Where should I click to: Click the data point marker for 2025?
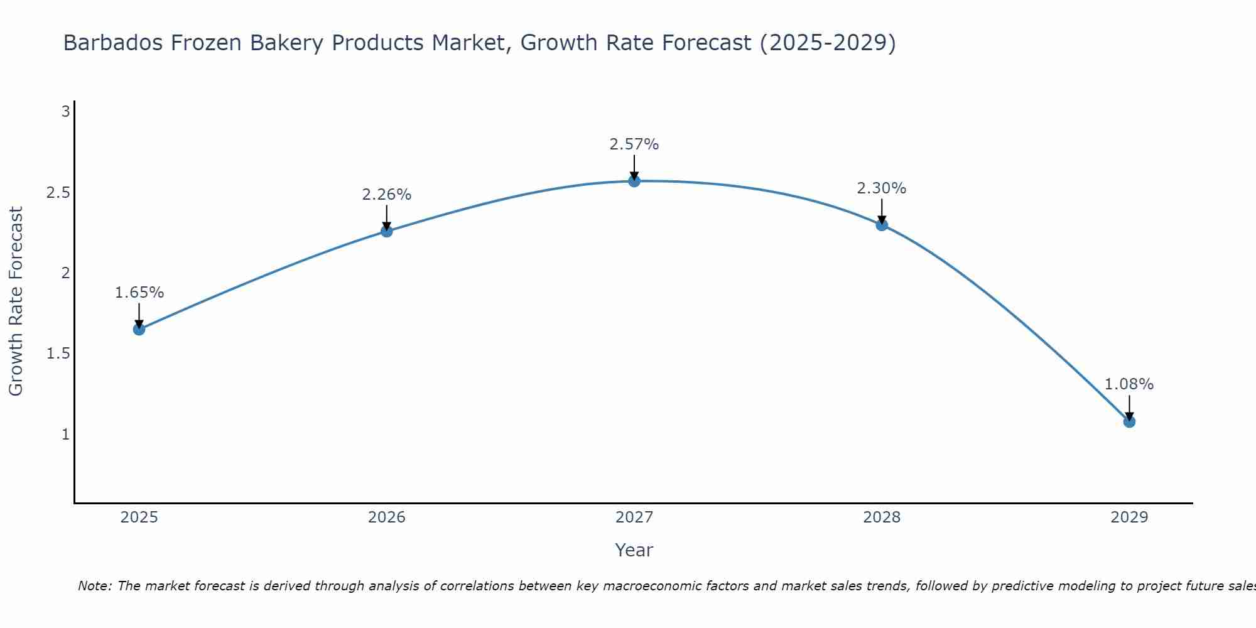coord(139,329)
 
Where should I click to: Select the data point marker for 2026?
coord(387,231)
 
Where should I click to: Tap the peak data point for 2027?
coord(634,181)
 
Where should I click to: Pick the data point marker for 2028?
coord(882,225)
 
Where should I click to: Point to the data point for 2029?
coord(1129,421)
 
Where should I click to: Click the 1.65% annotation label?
coord(139,293)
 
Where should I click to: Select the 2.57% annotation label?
coord(634,144)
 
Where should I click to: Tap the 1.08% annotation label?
coord(1129,384)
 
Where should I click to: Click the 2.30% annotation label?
coord(882,188)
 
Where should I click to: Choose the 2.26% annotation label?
coord(387,195)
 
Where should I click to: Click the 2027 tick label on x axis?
coord(634,517)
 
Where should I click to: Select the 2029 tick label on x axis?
coord(1129,517)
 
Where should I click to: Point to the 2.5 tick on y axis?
coord(58,193)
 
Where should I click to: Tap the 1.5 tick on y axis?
coord(58,354)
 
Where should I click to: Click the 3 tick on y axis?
coord(65,112)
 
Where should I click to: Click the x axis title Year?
coord(634,550)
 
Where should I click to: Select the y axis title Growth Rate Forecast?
coord(16,301)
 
